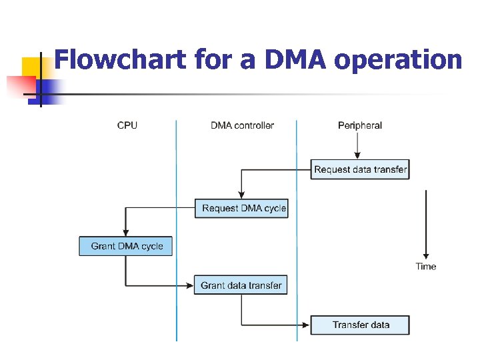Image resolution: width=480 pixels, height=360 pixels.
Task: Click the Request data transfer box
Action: [x=360, y=169]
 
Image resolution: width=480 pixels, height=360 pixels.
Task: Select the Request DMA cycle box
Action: [x=241, y=208]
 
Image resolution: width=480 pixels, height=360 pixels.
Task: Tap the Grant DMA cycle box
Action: [x=125, y=246]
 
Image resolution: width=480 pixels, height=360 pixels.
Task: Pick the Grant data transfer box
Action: [x=241, y=285]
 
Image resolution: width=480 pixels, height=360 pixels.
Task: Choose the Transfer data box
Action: [x=360, y=325]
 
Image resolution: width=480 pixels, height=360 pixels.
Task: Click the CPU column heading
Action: [x=127, y=125]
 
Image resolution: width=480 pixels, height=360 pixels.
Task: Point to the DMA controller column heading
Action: [x=242, y=125]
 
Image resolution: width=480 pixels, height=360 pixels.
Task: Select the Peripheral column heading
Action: [x=360, y=125]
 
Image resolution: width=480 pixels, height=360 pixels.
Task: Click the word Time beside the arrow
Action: [x=426, y=266]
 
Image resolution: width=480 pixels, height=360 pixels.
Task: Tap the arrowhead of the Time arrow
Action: [x=426, y=255]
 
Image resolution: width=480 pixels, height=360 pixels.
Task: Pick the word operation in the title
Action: [x=398, y=60]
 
